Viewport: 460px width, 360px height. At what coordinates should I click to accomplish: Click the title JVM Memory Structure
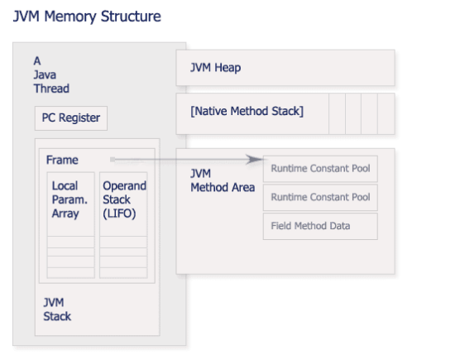tap(87, 17)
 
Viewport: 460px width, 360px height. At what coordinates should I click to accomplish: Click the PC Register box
tap(70, 118)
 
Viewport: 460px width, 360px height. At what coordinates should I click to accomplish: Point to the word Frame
tap(62, 160)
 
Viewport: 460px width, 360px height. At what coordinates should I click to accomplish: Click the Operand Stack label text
tap(124, 193)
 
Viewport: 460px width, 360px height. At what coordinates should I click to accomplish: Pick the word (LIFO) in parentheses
tap(120, 214)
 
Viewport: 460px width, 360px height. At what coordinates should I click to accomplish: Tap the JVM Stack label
tap(57, 309)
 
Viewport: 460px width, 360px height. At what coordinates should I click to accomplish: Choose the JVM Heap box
tap(285, 67)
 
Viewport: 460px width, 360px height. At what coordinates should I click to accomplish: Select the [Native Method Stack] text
tap(247, 111)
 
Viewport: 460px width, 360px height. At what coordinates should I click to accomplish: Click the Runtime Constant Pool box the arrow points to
tap(320, 169)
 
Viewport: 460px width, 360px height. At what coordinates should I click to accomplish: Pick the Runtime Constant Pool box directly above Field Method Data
tap(320, 198)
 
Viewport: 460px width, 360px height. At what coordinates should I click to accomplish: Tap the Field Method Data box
tap(320, 226)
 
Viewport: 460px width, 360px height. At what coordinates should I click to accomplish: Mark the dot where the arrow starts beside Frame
tap(111, 159)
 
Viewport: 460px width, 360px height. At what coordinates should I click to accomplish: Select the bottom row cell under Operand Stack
tap(123, 272)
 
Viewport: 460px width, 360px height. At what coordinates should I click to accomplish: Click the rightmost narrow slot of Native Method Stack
tap(385, 113)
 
